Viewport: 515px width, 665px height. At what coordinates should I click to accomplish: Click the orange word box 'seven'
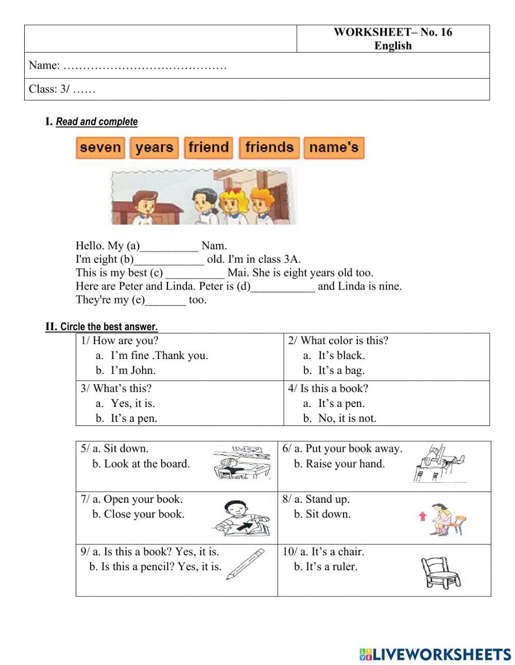pos(100,148)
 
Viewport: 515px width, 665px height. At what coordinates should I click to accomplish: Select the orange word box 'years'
pos(154,148)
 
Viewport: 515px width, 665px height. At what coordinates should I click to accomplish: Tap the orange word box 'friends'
pos(269,148)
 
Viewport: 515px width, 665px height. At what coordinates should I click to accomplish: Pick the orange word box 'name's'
pos(334,148)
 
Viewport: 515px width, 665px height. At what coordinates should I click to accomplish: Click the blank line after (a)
pos(169,247)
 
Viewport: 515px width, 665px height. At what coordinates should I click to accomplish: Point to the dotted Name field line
pos(145,66)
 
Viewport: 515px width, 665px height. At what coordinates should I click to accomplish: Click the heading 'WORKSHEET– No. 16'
pos(392,32)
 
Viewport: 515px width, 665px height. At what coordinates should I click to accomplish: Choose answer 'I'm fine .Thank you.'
pos(159,355)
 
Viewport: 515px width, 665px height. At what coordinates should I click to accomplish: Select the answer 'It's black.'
pos(341,355)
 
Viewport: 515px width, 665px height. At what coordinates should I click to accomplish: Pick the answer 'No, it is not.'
pos(347,418)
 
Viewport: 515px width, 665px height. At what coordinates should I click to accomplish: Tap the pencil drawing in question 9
pos(245,564)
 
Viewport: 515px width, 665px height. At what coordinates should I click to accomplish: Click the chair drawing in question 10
pos(440,572)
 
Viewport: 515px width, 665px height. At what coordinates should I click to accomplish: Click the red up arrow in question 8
pos(423,516)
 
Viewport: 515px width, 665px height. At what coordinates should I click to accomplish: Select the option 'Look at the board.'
pos(146,464)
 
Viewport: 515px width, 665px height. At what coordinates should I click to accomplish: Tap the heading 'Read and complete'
pos(97,122)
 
